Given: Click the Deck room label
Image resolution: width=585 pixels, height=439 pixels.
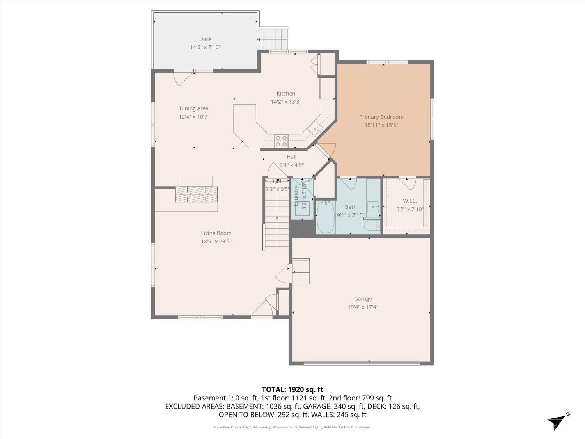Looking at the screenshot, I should [x=205, y=39].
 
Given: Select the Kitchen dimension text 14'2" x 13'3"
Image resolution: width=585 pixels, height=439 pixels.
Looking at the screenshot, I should [x=286, y=102].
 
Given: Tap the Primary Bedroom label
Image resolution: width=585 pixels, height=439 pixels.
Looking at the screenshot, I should [x=381, y=117].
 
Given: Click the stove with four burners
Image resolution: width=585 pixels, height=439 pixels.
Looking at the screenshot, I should [x=281, y=141].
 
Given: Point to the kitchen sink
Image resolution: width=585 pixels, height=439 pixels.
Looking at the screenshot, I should [x=315, y=128].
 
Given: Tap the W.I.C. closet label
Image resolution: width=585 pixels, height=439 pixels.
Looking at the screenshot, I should [x=409, y=201].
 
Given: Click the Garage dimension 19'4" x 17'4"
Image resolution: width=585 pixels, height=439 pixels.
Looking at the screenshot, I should [x=363, y=307].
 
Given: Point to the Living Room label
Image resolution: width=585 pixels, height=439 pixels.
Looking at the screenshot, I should [x=216, y=233].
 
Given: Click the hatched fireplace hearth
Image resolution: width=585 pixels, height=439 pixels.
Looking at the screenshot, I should [x=196, y=194].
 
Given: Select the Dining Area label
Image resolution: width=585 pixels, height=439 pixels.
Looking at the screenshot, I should [x=194, y=108].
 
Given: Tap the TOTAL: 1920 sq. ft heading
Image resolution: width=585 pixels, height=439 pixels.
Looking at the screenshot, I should [x=292, y=389].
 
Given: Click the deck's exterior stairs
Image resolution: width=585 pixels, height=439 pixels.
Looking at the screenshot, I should [x=273, y=39].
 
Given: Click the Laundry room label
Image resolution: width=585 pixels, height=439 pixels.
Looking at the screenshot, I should [x=296, y=196].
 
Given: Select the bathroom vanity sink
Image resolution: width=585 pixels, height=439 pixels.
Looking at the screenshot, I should [x=373, y=207].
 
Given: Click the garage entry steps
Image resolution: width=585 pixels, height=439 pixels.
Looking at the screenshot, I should [x=301, y=271].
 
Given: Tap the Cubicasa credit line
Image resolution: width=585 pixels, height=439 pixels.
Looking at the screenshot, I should [x=292, y=427].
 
